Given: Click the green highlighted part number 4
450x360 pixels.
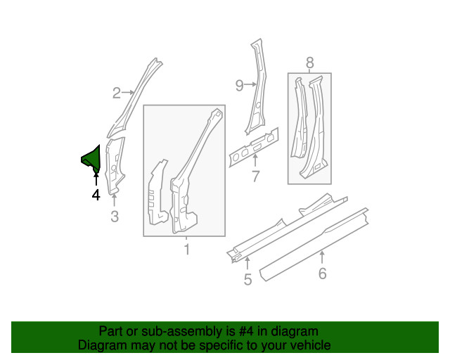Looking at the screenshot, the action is [x=92, y=160].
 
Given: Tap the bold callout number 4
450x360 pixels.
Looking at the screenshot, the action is [x=96, y=195].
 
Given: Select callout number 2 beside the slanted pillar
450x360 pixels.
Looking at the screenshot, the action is [x=117, y=93].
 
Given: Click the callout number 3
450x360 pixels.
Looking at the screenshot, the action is [x=115, y=216].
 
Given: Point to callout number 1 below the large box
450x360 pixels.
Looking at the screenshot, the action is [x=187, y=249].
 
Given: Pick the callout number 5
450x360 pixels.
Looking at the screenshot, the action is [x=247, y=279].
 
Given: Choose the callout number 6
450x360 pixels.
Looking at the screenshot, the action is [x=323, y=273].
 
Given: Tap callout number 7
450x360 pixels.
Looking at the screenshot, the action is [x=255, y=176].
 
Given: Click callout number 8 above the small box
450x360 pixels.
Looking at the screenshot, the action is [x=309, y=63].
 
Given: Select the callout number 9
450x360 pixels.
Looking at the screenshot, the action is [x=240, y=85].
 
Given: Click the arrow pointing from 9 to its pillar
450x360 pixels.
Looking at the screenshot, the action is [x=250, y=84].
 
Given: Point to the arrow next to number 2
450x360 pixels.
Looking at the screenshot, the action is [x=128, y=92].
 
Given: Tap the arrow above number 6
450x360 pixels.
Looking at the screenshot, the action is [x=322, y=257].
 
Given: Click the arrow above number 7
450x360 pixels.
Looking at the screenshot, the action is [x=255, y=160].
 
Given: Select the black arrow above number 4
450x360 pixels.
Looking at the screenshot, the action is [x=96, y=178].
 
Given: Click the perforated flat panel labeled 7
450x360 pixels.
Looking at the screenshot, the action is [x=254, y=147].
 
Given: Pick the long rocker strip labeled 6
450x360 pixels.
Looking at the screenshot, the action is [x=314, y=244].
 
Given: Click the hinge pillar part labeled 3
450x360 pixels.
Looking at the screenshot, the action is [x=115, y=166].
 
